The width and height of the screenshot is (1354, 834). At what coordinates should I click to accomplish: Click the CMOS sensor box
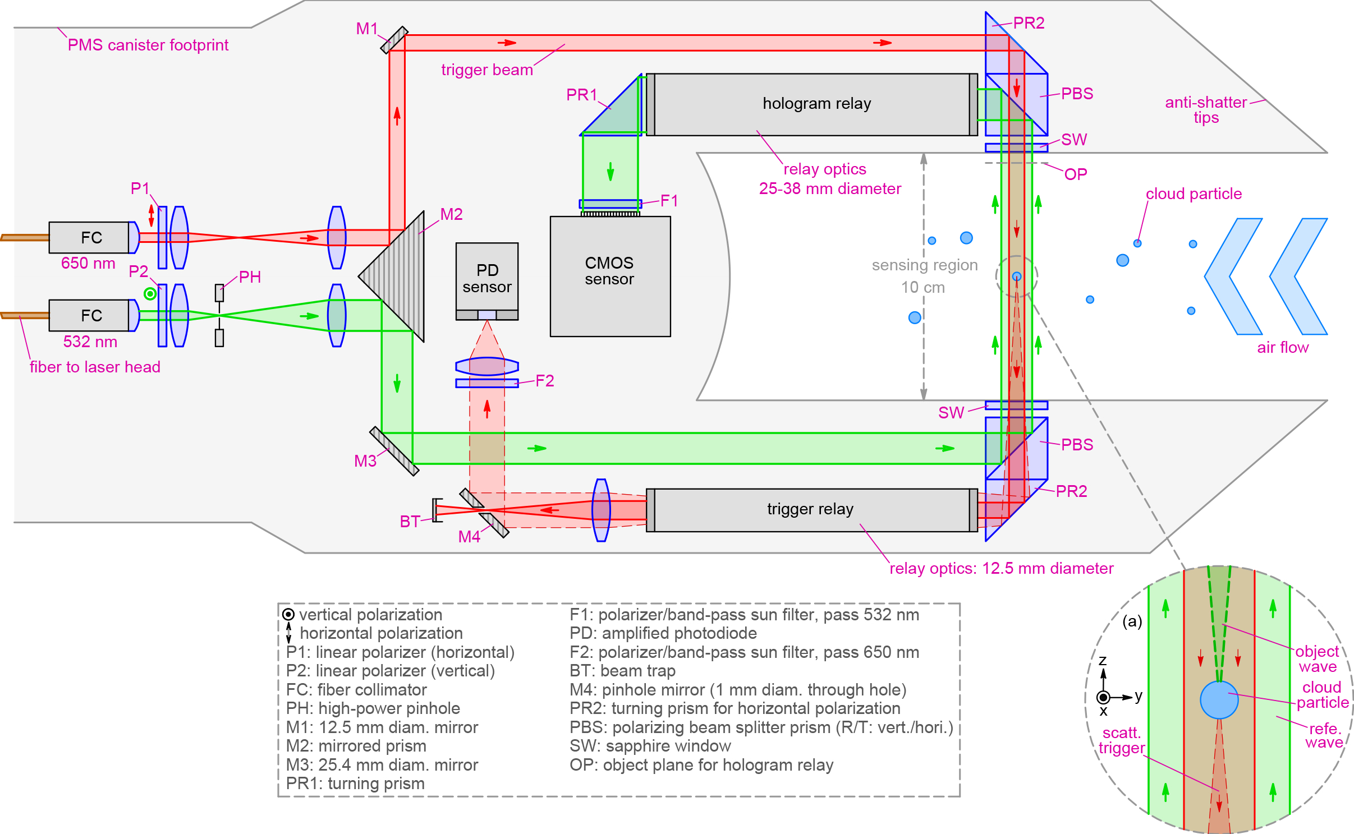pyautogui.click(x=610, y=276)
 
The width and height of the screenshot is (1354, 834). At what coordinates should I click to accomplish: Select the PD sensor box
pyautogui.click(x=486, y=278)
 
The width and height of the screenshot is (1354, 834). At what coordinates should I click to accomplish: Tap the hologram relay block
pyautogui.click(x=816, y=104)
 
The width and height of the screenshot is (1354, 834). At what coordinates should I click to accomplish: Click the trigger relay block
pyautogui.click(x=810, y=509)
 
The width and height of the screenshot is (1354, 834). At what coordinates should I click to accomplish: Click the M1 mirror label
pyautogui.click(x=366, y=29)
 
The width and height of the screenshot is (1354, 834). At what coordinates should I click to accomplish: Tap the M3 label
pyautogui.click(x=365, y=461)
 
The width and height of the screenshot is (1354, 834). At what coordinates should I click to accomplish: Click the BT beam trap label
pyautogui.click(x=409, y=522)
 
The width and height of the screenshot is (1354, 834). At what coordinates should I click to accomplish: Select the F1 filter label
pyautogui.click(x=669, y=201)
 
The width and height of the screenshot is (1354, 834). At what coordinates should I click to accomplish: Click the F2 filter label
pyautogui.click(x=544, y=381)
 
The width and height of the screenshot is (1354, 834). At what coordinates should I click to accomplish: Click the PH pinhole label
pyautogui.click(x=250, y=277)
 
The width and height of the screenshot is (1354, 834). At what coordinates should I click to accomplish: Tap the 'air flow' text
pyautogui.click(x=1282, y=348)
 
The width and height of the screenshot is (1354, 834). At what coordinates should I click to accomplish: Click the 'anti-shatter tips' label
pyautogui.click(x=1206, y=110)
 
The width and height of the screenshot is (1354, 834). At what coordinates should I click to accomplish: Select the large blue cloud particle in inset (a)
pyautogui.click(x=1219, y=700)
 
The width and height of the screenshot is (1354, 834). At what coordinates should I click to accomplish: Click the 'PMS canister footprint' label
pyautogui.click(x=148, y=45)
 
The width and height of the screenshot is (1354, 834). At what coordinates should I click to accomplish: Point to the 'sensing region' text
pyautogui.click(x=924, y=265)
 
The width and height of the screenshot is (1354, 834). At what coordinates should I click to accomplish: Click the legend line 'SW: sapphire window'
pyautogui.click(x=650, y=746)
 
